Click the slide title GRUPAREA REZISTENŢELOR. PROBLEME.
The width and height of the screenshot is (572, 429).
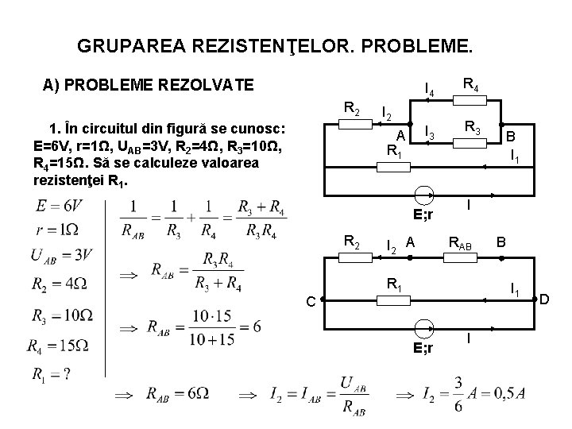click(x=275, y=46)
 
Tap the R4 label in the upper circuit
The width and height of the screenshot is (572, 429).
click(x=470, y=82)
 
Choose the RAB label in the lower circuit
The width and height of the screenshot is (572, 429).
click(x=461, y=245)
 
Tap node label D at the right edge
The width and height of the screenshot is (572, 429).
click(x=544, y=300)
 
